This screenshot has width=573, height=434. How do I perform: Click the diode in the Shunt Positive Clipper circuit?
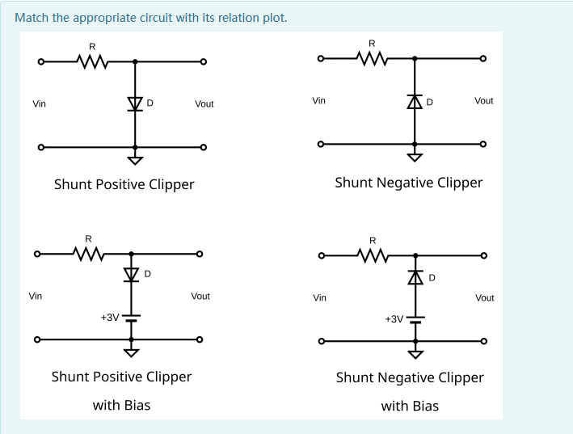(x=135, y=103)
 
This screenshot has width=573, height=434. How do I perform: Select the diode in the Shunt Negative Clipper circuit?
(x=415, y=102)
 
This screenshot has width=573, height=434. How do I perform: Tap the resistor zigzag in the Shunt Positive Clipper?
(x=91, y=61)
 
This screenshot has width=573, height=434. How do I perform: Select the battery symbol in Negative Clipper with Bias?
(x=415, y=318)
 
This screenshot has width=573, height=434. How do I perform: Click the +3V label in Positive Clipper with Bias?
(x=110, y=318)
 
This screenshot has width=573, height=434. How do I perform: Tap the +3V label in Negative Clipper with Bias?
(x=394, y=319)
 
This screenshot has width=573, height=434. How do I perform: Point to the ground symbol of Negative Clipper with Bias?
(x=415, y=354)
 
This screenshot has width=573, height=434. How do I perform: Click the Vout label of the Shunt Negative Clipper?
(x=484, y=101)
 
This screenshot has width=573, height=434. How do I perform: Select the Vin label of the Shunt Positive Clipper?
(x=39, y=104)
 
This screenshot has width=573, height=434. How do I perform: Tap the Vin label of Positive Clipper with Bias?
(x=36, y=297)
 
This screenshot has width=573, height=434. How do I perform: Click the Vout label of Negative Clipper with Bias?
(x=484, y=298)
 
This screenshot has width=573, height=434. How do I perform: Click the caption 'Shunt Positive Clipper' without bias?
(x=124, y=184)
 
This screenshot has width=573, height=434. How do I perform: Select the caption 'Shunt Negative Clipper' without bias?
(x=408, y=183)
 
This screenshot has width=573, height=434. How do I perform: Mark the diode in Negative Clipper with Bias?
(x=415, y=278)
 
